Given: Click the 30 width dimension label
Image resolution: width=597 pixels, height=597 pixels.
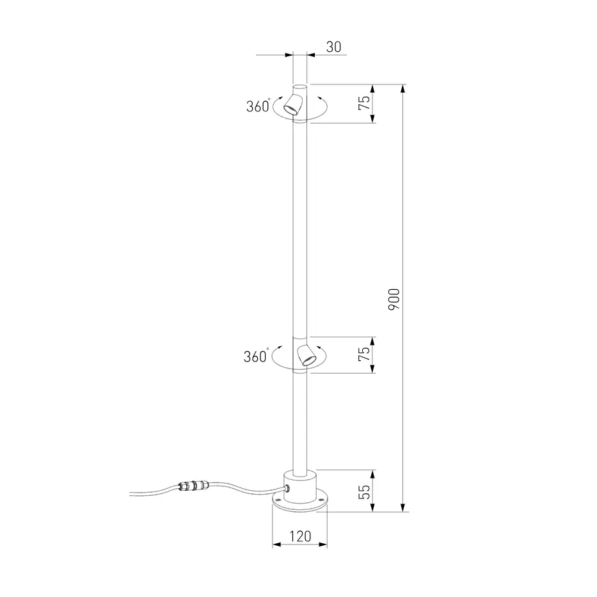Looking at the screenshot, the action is pos(333,47).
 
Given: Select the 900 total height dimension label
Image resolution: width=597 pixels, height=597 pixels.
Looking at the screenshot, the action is pos(394,299).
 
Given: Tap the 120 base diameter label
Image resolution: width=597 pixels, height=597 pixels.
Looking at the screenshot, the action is pos(300,536).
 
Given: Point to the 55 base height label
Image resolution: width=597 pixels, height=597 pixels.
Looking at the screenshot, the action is pos(364,491).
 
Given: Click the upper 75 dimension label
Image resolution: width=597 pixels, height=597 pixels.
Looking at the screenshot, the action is pos(364,103).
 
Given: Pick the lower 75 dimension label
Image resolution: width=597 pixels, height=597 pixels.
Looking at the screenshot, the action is pos(364,354).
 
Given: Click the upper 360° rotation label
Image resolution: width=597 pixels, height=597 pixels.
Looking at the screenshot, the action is pos(259,106).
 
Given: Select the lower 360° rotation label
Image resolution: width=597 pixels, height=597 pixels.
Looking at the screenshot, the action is pos(256,356).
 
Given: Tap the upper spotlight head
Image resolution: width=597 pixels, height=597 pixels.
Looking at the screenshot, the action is pos(294,104).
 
